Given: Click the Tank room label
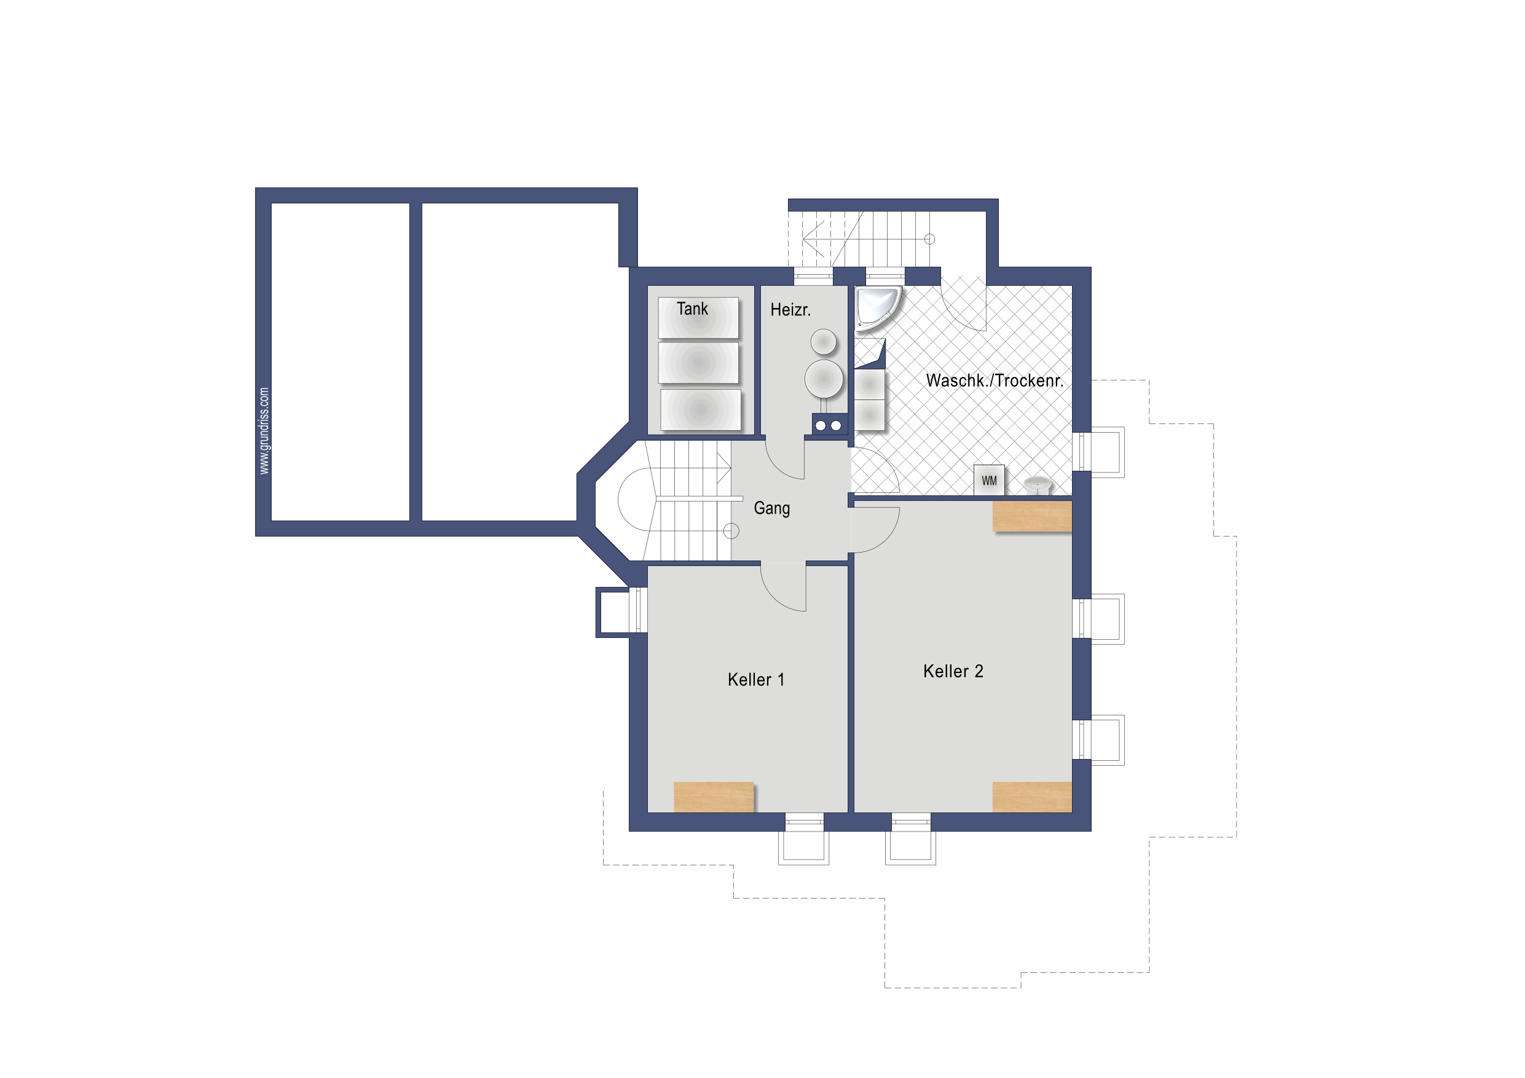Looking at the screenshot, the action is [692, 309].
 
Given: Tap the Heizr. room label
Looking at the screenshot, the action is [790, 310].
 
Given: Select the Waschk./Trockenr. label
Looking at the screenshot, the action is [995, 380].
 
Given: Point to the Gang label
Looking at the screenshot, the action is [772, 509].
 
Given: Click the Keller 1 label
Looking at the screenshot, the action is [756, 680].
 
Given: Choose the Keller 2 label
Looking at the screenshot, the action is [953, 671].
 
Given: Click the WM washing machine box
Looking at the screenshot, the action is [989, 480].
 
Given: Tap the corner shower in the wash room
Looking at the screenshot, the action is [877, 307].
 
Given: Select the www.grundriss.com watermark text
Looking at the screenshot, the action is [264, 430].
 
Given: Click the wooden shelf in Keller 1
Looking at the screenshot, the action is [714, 797].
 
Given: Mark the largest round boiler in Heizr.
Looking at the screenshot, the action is [824, 379].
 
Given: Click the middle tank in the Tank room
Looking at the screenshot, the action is [698, 363].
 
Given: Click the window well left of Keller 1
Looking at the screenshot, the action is [620, 612].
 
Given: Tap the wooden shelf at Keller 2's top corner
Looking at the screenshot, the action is [1031, 516].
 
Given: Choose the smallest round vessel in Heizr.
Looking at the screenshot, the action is [824, 343].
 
